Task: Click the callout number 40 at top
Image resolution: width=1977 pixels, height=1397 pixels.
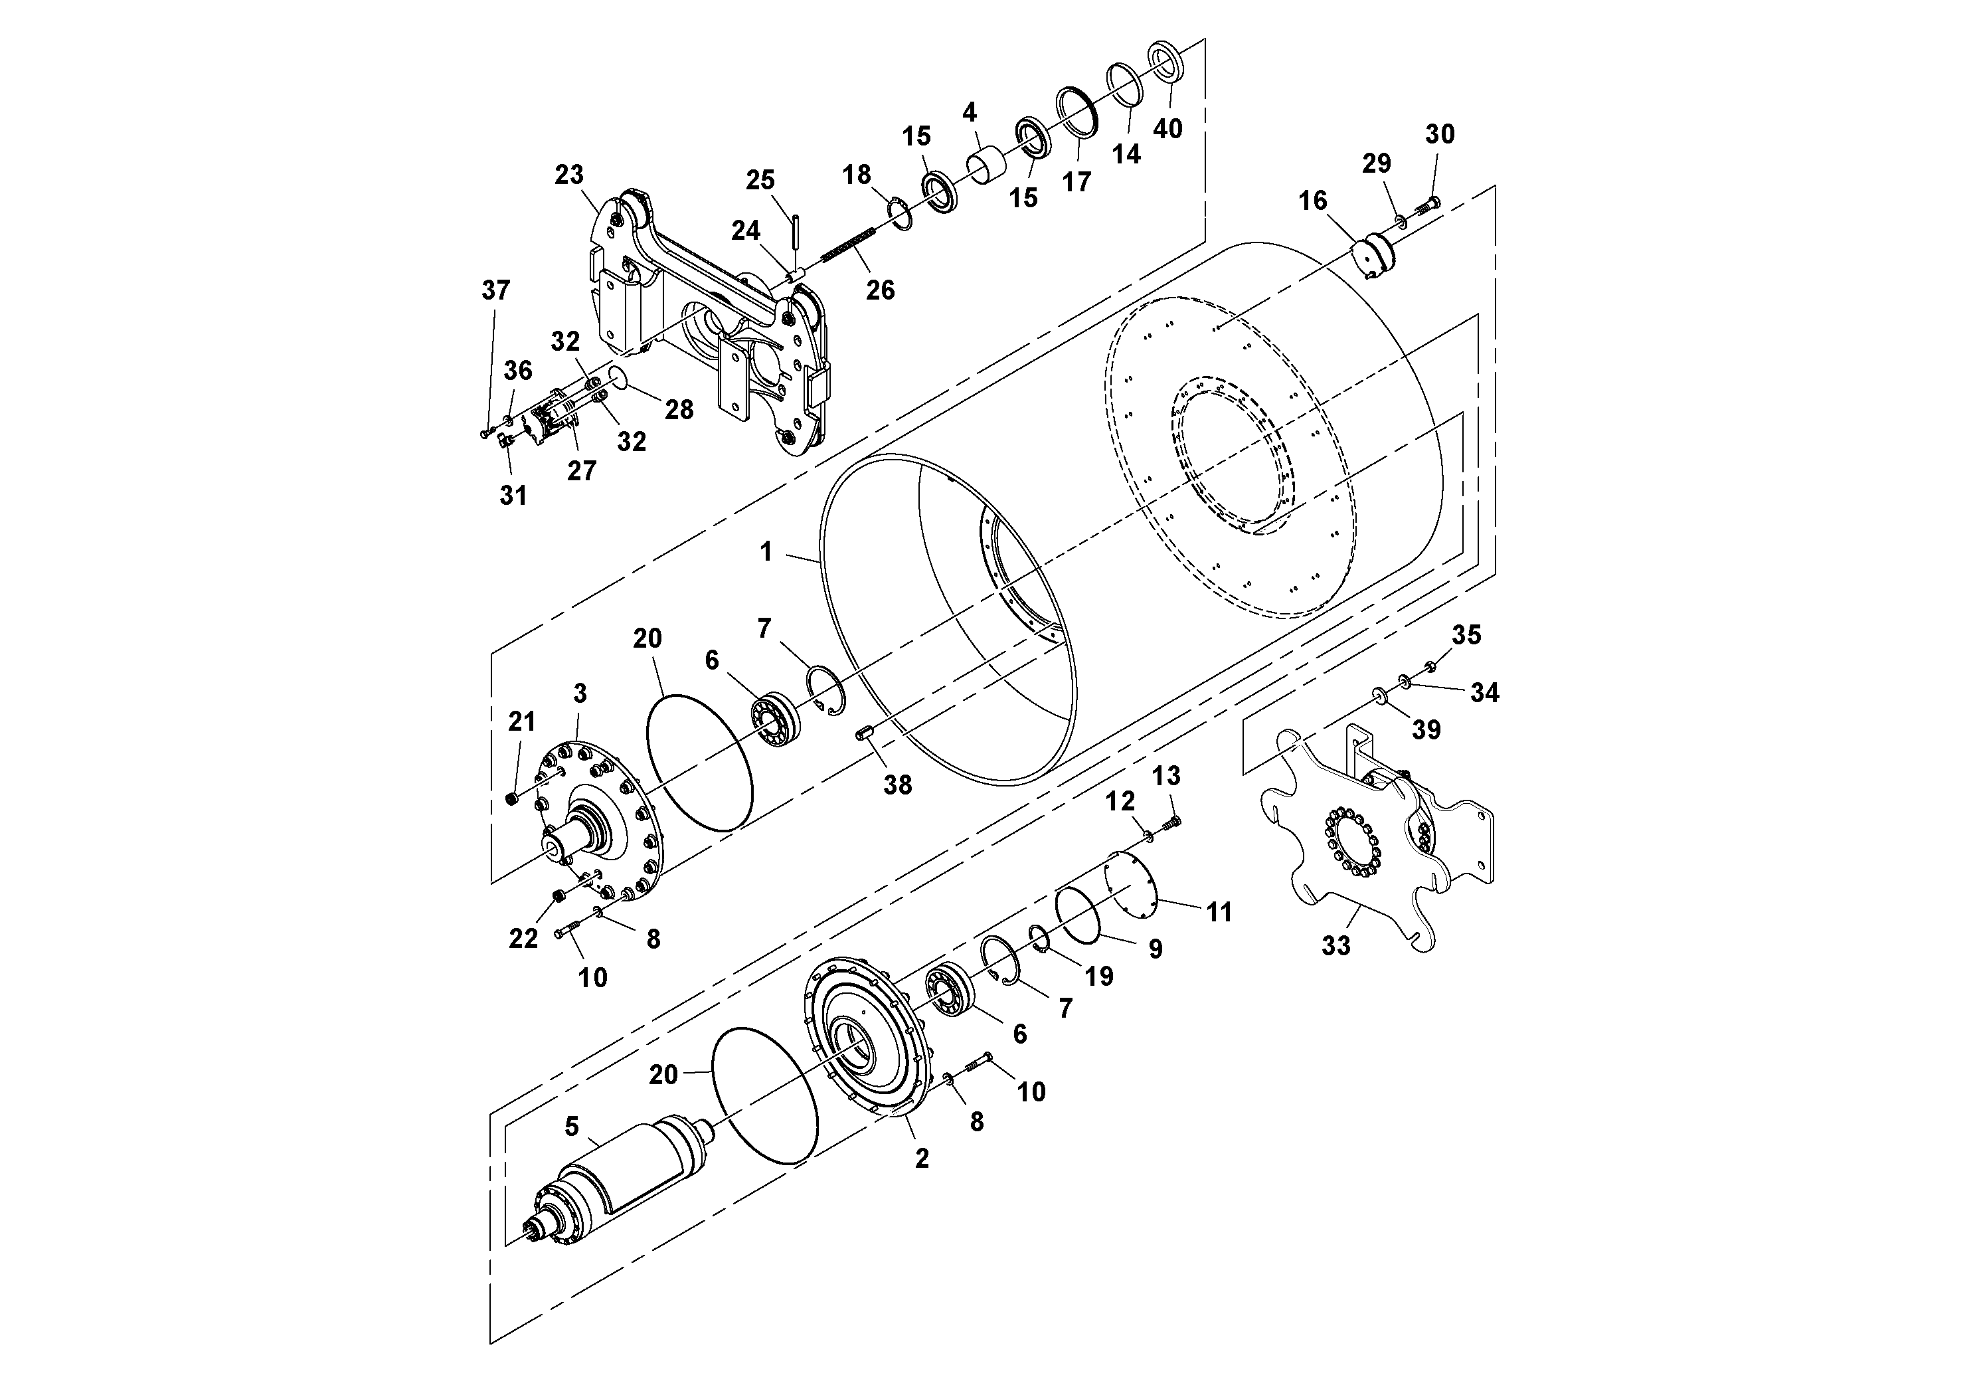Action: coord(1167,128)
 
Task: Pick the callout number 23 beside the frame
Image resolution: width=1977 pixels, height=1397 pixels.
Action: coord(568,175)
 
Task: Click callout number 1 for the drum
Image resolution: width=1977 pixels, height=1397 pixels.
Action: coord(766,551)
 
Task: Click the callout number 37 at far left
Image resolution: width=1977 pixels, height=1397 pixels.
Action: coord(495,290)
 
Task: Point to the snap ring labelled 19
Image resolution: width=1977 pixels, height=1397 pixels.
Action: coord(1039,938)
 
